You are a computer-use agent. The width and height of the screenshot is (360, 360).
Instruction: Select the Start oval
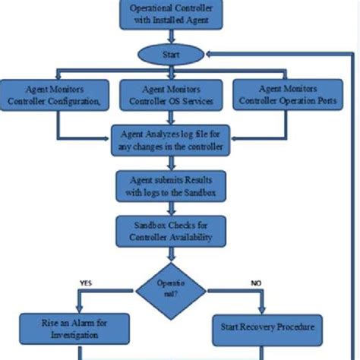(170, 55)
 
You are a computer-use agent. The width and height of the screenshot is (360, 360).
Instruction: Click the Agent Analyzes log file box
(170, 139)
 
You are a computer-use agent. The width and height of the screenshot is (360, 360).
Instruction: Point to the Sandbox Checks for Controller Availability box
(170, 230)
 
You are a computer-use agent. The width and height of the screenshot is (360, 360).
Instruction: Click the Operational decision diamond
(170, 288)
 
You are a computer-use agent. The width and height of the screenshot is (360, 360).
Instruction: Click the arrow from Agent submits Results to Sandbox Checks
(170, 208)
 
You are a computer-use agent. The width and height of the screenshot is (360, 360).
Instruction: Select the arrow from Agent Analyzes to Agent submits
(170, 163)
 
